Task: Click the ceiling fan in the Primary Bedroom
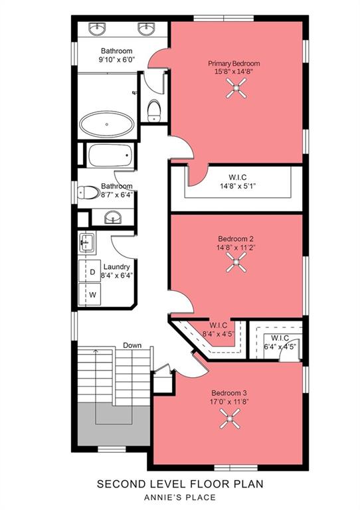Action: point(236,89)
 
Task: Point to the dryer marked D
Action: point(92,272)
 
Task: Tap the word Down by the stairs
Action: point(132,345)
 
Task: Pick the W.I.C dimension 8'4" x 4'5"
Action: point(217,333)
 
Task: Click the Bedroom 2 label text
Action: point(235,238)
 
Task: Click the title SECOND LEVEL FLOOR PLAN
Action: point(180,485)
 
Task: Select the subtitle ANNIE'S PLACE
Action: point(180,497)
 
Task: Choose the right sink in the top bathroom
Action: point(145,29)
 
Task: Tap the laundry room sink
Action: point(86,242)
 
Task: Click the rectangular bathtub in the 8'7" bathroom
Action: point(110,157)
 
